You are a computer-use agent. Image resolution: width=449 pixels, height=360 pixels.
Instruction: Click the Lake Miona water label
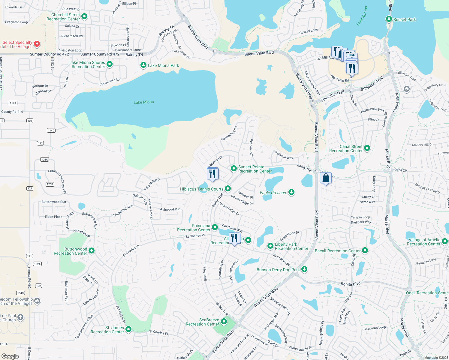click(143, 102)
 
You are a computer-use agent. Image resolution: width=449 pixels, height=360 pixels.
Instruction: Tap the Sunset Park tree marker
click(389, 19)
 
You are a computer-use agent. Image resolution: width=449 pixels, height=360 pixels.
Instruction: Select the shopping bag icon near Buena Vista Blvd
click(326, 178)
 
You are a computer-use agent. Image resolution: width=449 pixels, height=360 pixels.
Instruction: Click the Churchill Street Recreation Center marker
click(84, 16)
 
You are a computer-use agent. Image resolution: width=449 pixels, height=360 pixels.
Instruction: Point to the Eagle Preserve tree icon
click(291, 192)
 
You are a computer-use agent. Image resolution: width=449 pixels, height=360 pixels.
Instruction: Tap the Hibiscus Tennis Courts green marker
click(228, 189)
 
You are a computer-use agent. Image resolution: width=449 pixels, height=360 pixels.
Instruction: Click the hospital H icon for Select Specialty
click(37, 44)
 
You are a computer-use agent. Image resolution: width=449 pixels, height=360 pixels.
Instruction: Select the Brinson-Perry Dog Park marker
click(304, 269)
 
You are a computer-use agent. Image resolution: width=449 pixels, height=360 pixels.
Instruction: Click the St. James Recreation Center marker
click(128, 329)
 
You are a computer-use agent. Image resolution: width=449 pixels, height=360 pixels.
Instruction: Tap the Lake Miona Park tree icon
click(143, 65)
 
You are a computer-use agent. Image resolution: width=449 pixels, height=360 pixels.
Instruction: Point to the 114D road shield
click(51, 130)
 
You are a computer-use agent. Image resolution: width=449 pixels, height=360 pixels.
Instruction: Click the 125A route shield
click(45, 160)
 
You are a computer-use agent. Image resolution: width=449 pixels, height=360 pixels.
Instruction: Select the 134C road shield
click(20, 293)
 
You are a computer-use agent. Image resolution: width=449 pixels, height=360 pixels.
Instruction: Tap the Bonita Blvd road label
click(350, 284)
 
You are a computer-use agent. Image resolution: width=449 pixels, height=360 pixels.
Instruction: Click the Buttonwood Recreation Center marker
click(92, 251)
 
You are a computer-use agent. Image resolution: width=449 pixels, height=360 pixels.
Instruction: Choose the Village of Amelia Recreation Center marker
click(445, 241)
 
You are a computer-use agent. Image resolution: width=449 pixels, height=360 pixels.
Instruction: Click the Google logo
click(10, 356)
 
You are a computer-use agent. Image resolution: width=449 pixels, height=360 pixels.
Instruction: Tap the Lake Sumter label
click(362, 16)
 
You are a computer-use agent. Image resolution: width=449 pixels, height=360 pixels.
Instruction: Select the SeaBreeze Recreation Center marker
click(224, 322)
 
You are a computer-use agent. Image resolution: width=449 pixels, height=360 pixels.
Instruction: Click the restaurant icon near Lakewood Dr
click(212, 174)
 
